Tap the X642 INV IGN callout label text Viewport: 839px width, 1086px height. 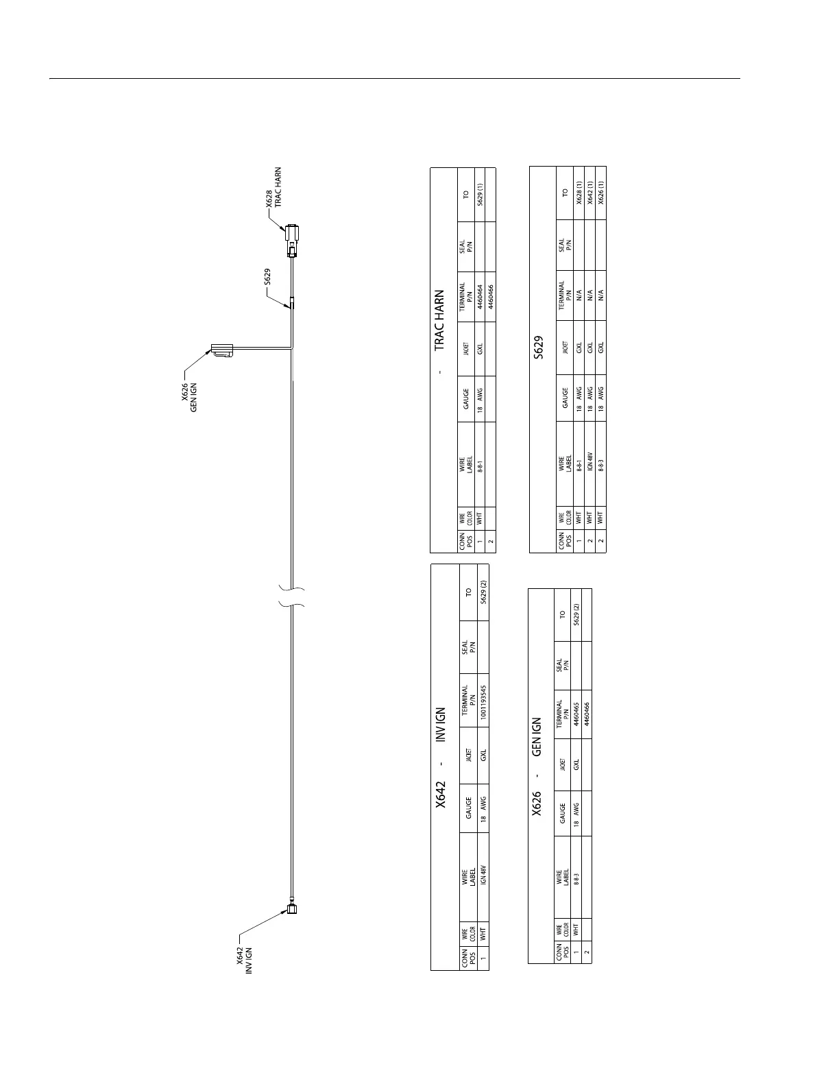[245, 961]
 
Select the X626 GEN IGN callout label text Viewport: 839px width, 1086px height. [189, 398]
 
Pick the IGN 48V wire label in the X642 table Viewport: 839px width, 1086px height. [483, 880]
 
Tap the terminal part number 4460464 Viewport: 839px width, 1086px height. [481, 298]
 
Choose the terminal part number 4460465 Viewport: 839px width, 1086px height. [576, 714]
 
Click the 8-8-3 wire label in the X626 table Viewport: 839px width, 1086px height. [576, 880]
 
